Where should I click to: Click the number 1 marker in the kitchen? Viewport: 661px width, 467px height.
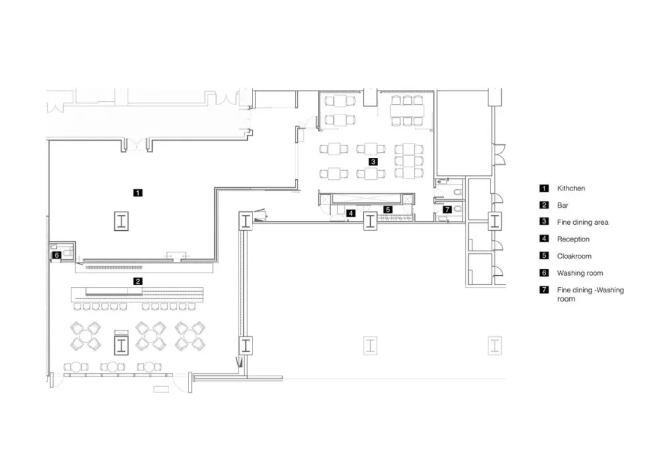[x=137, y=193]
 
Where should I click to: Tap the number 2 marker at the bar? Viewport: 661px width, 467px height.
[x=137, y=281]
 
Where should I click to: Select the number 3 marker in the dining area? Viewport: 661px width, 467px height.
[x=373, y=161]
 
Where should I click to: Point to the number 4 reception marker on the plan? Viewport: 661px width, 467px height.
[x=351, y=213]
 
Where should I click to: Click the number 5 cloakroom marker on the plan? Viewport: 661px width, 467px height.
[x=389, y=209]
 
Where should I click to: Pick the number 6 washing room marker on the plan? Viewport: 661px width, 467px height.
[x=57, y=254]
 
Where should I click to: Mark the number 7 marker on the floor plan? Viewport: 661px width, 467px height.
[x=447, y=209]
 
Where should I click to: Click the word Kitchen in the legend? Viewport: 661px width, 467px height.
[x=570, y=189]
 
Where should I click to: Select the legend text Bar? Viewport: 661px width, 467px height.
[x=563, y=206]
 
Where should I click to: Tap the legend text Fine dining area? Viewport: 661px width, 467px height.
[x=582, y=222]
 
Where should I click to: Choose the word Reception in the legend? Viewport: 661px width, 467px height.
[x=573, y=239]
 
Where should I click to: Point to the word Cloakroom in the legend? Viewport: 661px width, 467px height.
[x=574, y=256]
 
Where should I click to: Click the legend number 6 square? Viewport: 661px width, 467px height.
[x=544, y=273]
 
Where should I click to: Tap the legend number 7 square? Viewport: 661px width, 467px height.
[x=544, y=290]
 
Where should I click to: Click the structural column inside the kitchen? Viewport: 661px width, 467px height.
[x=122, y=222]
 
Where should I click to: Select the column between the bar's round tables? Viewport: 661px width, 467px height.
[x=121, y=345]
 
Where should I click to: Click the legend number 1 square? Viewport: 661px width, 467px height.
[x=544, y=189]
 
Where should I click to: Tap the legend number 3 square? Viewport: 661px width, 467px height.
[x=544, y=222]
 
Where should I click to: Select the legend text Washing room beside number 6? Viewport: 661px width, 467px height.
[x=580, y=273]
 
